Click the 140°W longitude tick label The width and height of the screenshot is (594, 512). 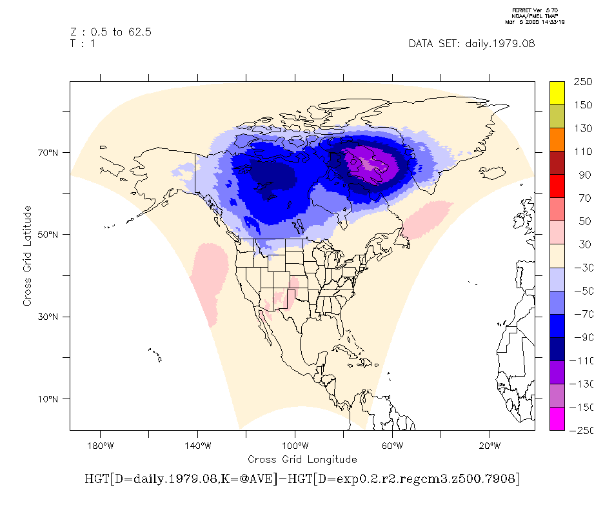pos(197,446)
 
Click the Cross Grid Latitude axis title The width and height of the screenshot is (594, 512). pos(28,256)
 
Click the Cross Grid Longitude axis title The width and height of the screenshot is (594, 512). pos(302,459)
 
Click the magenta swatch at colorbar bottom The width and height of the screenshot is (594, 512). pos(557,418)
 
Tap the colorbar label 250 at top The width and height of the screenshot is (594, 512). pos(582,83)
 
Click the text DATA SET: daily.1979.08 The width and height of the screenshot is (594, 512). pos(471,44)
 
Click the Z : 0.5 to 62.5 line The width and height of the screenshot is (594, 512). pos(110,32)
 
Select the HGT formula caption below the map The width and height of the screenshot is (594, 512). pos(302,479)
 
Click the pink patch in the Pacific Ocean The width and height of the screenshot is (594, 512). pos(210,281)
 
